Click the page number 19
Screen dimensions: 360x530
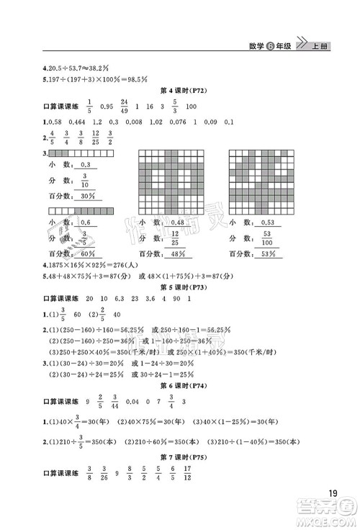click(x=332, y=494)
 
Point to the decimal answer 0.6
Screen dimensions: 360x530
click(x=86, y=223)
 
